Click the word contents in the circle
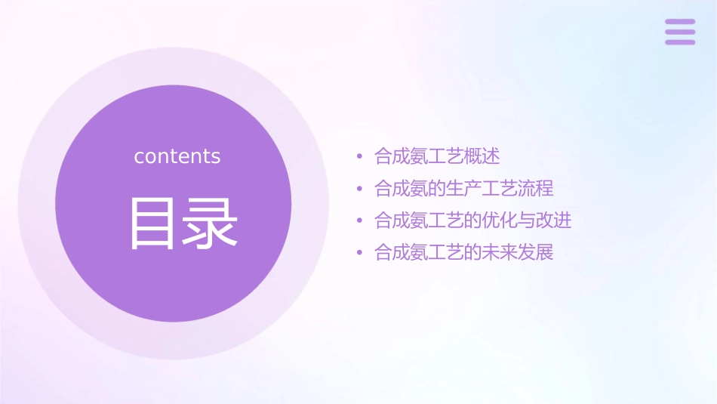click(x=177, y=156)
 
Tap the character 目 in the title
click(x=152, y=223)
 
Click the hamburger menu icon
click(x=680, y=32)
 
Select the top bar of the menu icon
click(x=680, y=22)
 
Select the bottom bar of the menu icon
click(x=680, y=42)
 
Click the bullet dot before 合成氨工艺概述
click(x=360, y=157)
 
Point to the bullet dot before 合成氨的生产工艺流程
click(x=360, y=189)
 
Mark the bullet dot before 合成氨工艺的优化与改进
click(x=360, y=221)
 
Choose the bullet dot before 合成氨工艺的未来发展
click(x=360, y=253)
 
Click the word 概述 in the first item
click(x=482, y=156)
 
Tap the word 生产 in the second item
click(x=464, y=188)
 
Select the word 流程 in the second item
click(x=536, y=188)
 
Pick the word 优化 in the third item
click(x=500, y=221)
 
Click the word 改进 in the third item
click(x=554, y=221)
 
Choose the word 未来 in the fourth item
click(x=500, y=252)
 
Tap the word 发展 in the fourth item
click(x=536, y=252)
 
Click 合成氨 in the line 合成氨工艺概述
click(x=402, y=156)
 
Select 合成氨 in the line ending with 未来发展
click(x=402, y=252)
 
